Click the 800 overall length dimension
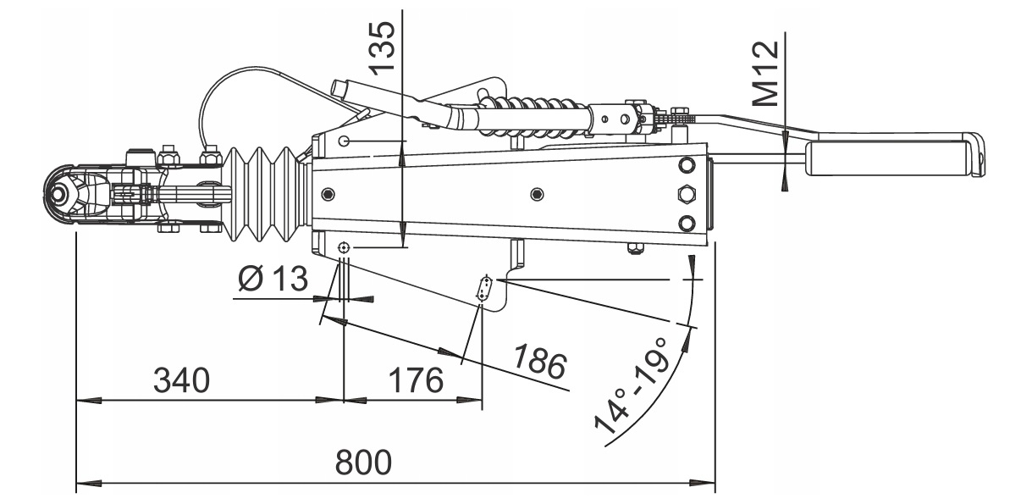coord(362,462)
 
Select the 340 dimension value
coord(181,380)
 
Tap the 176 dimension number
coord(416,380)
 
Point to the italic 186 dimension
coord(539,361)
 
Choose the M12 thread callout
coord(766,74)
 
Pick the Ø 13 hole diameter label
coord(273,279)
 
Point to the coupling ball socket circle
coord(59,194)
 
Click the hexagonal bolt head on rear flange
coord(687,193)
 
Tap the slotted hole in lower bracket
coord(485,288)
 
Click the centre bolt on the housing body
coord(537,194)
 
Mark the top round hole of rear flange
coord(687,165)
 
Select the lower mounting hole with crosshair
coord(344,247)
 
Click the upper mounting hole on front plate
coord(344,141)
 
